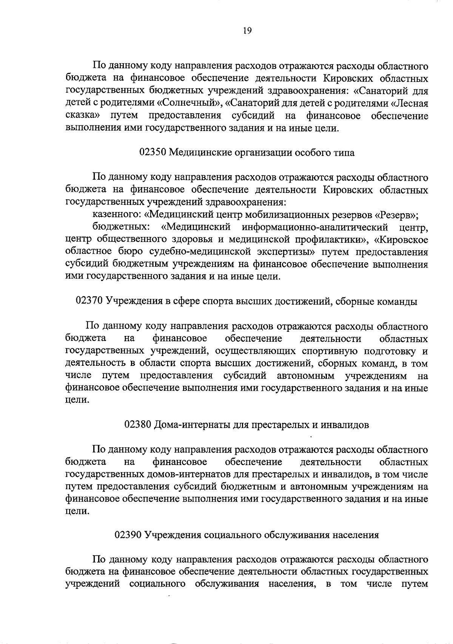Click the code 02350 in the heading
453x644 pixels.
(153, 153)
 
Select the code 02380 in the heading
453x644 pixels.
(138, 425)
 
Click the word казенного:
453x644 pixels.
(117, 216)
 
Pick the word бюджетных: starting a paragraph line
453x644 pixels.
(120, 228)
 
